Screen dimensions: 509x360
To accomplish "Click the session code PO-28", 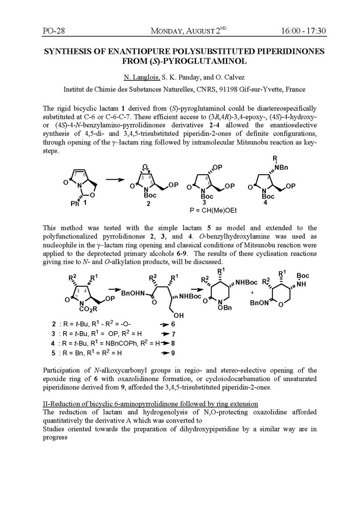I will coord(53,31).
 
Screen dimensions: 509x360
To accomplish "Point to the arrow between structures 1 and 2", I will coord(120,179).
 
